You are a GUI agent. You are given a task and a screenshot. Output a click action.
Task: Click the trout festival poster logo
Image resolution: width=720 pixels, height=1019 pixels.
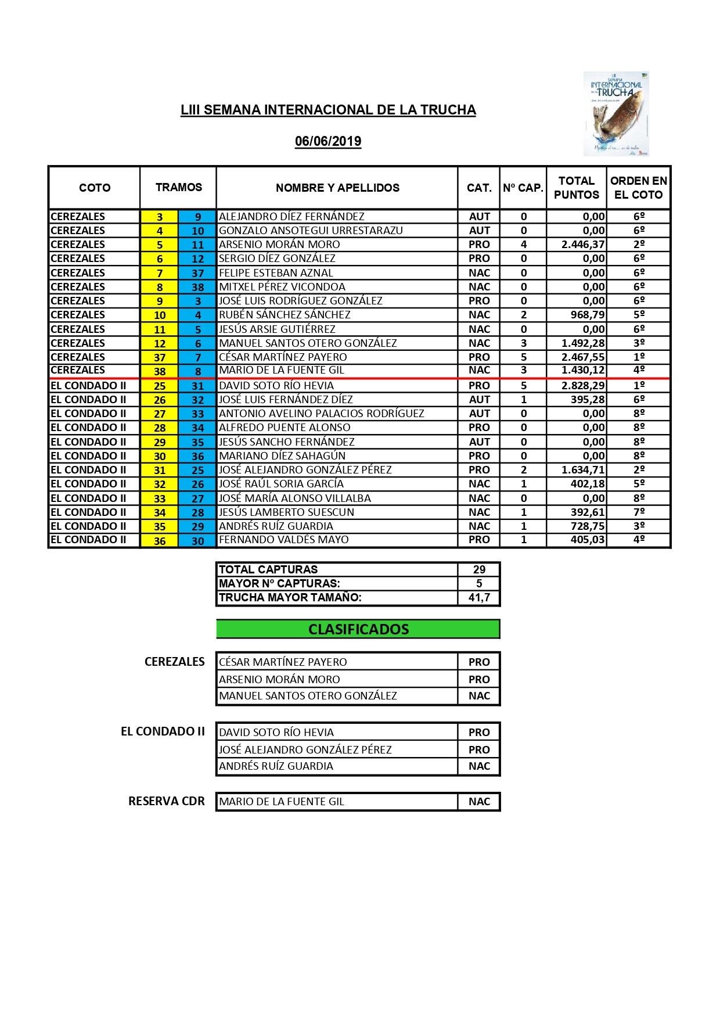coord(616,114)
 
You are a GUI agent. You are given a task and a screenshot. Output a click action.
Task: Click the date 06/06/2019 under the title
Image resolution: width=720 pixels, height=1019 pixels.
coord(328,141)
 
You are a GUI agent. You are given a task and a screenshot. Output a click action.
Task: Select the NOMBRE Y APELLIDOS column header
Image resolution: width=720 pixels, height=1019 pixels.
coord(337,188)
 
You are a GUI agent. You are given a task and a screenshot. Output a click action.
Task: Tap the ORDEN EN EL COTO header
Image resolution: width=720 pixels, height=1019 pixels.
coord(638,188)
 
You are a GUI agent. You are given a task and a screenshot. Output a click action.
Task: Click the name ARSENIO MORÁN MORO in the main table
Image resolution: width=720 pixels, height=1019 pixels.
coord(279,245)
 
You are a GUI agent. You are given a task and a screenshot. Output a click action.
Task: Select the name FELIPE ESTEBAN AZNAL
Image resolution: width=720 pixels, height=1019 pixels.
coord(276,273)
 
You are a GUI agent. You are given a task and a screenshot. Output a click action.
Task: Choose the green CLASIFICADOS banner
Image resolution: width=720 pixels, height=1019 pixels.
coord(358,629)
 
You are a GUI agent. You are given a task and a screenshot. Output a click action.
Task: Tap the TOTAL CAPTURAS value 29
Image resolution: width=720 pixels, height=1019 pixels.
coord(479,570)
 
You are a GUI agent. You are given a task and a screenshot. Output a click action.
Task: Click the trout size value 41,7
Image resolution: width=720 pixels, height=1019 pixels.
coord(479,598)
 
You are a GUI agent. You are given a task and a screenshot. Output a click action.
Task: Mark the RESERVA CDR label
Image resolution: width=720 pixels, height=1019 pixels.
coord(167,802)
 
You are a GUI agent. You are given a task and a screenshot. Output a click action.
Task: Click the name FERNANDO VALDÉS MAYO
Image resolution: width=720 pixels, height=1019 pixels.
coord(283,540)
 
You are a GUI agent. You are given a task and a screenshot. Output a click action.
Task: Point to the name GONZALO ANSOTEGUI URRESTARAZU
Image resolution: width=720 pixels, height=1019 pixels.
coord(311,231)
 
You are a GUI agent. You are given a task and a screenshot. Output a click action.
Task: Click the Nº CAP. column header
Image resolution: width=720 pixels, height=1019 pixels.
coord(523,188)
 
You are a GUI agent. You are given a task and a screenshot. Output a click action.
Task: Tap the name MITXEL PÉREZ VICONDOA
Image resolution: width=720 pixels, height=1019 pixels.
coord(282,287)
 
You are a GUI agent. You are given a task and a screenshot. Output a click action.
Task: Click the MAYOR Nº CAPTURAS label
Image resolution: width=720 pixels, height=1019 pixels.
coord(279,584)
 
